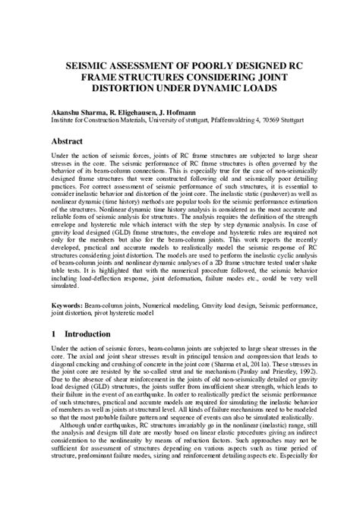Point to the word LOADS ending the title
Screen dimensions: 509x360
click(x=268, y=88)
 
